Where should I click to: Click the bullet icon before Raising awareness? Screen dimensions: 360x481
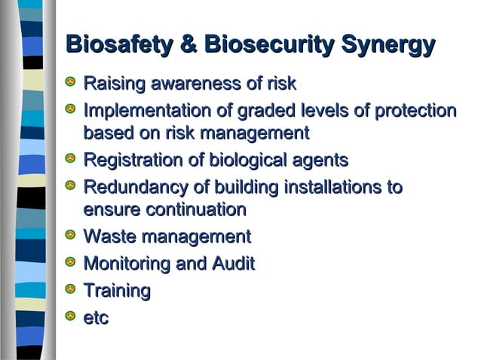71,82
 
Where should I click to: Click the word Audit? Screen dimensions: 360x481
233,264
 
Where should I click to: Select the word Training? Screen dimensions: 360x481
117,290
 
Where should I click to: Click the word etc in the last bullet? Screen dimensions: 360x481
96,318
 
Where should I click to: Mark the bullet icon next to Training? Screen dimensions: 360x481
71,290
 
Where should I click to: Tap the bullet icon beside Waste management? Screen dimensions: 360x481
71,237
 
